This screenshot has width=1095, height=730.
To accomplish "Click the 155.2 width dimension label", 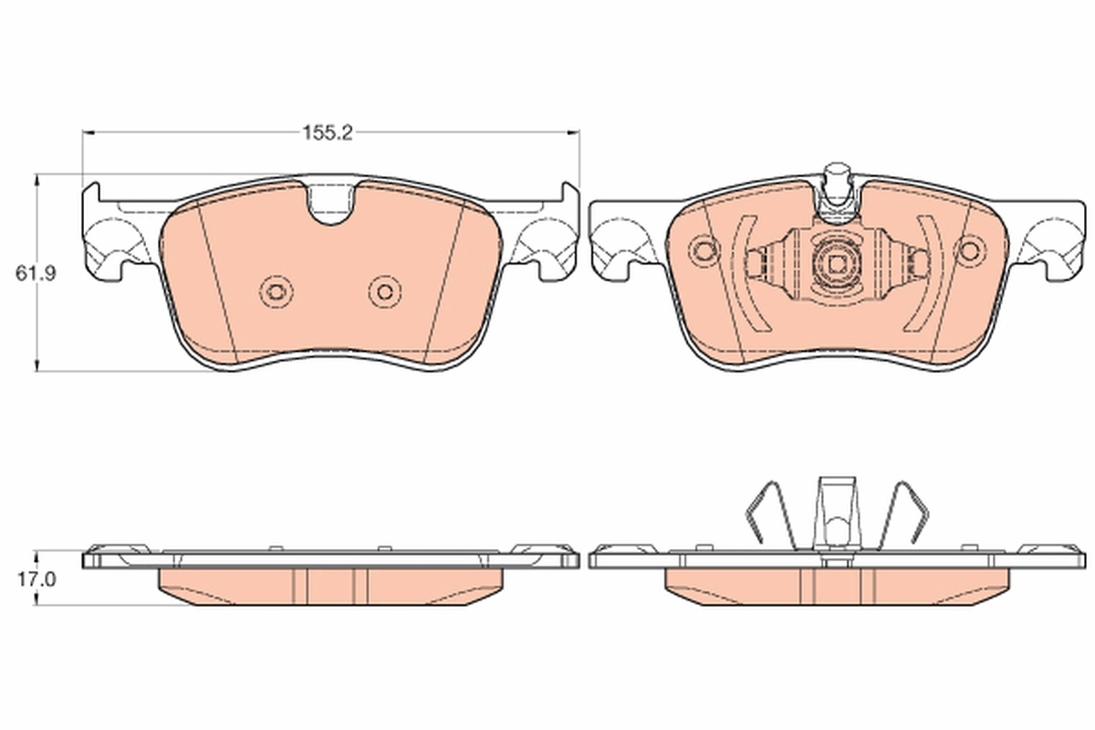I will pyautogui.click(x=328, y=132).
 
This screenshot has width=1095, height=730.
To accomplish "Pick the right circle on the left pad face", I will pyautogui.click(x=384, y=292).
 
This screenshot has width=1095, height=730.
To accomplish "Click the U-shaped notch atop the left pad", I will pyautogui.click(x=331, y=203).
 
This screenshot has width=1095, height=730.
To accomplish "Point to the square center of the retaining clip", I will pyautogui.click(x=836, y=265).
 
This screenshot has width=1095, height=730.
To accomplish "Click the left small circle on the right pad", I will pyautogui.click(x=704, y=249).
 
